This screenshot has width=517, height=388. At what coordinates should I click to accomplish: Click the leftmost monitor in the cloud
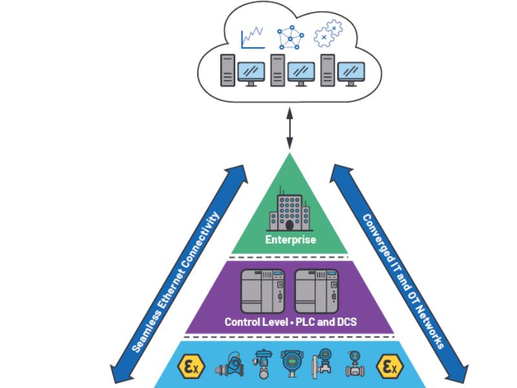pyautogui.click(x=251, y=73)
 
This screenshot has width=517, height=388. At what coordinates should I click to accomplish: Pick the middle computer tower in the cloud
pyautogui.click(x=278, y=70)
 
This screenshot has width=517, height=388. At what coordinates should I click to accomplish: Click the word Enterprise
pyautogui.click(x=290, y=240)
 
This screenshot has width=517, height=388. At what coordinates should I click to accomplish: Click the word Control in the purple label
pyautogui.click(x=242, y=321)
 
